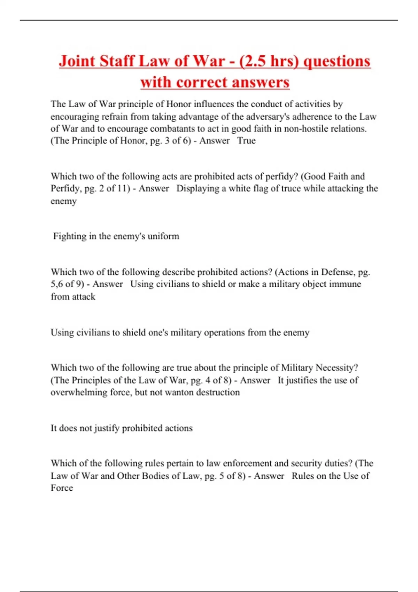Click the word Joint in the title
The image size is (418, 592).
click(x=77, y=61)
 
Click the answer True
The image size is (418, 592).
click(x=246, y=141)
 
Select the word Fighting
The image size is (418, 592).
click(x=70, y=236)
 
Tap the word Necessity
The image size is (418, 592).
click(x=337, y=368)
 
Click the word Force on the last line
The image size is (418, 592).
click(x=62, y=488)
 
